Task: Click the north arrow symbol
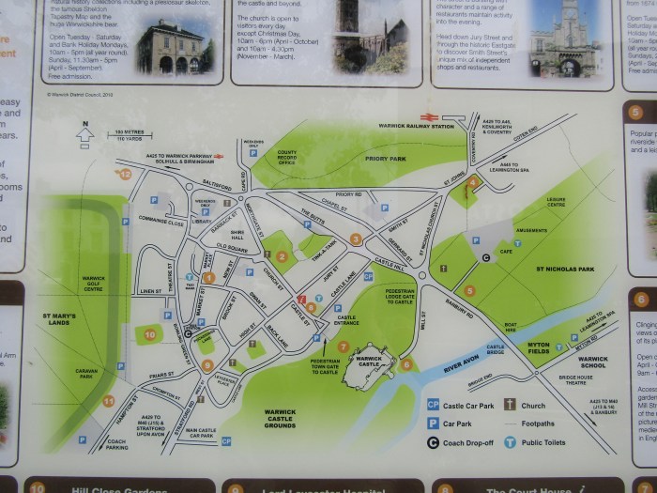[85, 136]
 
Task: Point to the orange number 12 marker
[124, 173]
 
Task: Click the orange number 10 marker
[150, 333]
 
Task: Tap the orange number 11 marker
[109, 401]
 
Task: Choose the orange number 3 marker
[356, 239]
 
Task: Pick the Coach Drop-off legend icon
[433, 441]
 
